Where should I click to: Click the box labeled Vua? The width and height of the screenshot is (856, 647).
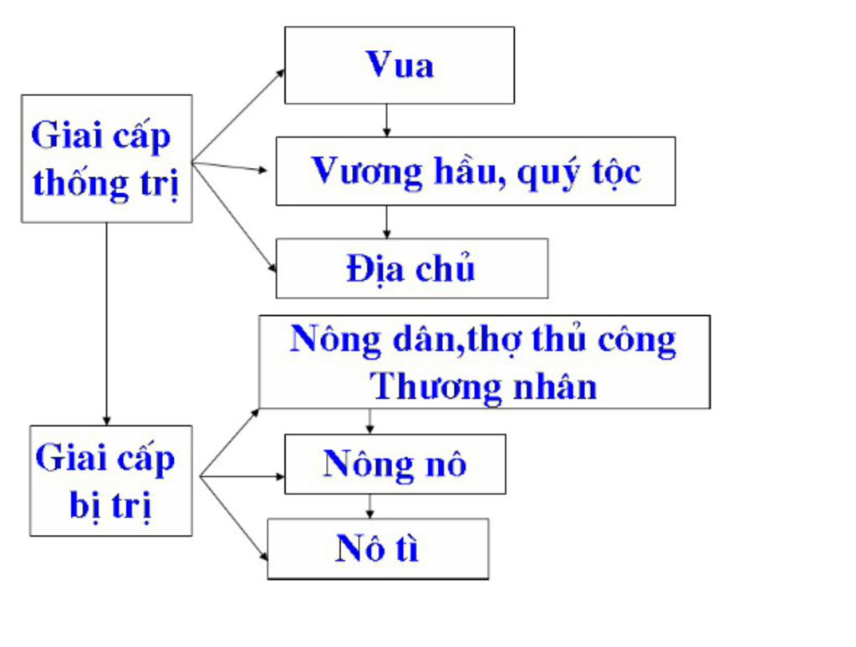[x=399, y=65]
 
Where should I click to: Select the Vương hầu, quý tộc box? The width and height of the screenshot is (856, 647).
[x=475, y=171]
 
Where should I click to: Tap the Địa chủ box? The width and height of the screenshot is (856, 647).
[x=411, y=268]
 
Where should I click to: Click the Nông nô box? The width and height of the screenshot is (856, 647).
[x=395, y=464]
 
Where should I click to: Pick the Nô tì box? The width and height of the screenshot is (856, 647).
[x=377, y=548]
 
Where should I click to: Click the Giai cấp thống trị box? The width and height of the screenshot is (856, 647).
[x=106, y=158]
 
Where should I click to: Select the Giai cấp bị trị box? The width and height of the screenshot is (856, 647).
[x=110, y=481]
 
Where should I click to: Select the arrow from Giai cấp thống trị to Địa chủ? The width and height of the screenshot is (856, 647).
[x=235, y=217]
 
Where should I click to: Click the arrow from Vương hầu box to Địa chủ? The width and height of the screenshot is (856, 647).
[x=385, y=222]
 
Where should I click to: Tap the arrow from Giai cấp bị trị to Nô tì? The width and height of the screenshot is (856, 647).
[x=235, y=518]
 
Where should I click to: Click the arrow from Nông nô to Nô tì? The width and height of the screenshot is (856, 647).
[x=369, y=506]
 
